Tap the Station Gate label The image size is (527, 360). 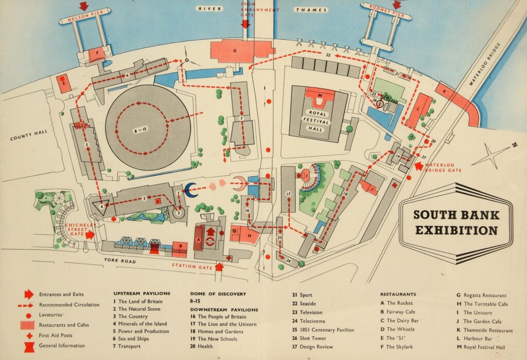coord(191,266)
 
